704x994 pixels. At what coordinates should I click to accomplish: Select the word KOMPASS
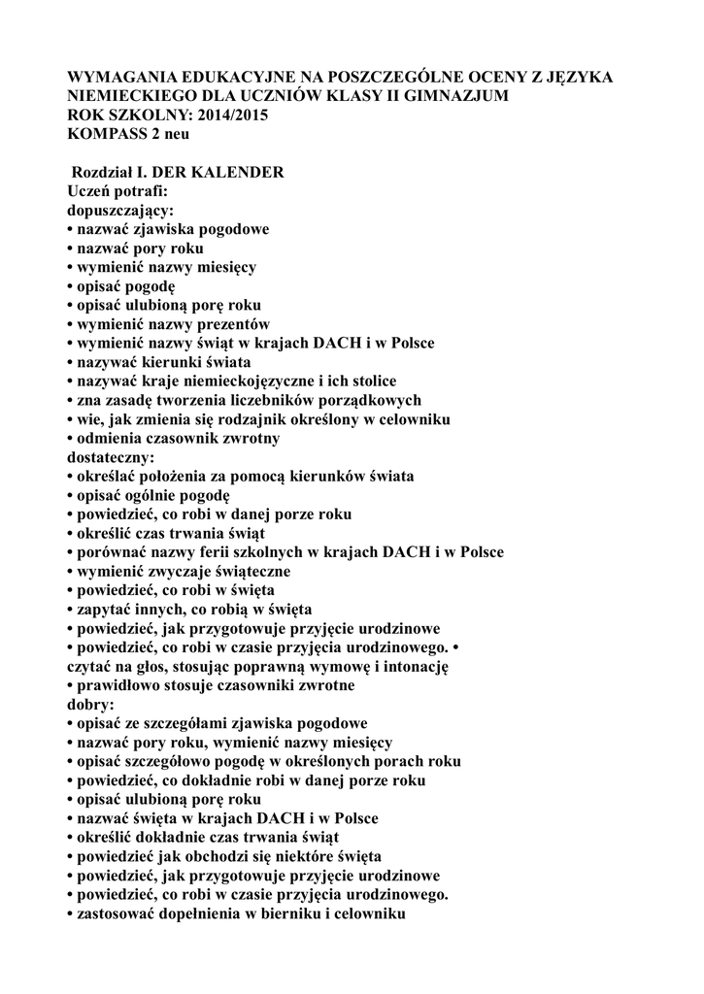coord(103,134)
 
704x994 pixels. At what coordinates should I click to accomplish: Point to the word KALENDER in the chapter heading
coord(239,173)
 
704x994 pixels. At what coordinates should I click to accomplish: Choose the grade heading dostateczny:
coord(111,456)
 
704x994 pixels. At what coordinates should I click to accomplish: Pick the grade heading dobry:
coord(90,703)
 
